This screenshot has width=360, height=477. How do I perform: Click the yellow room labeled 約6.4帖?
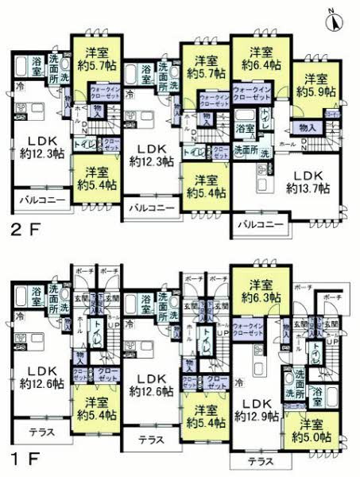257,56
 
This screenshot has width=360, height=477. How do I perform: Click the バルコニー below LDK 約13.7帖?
260,226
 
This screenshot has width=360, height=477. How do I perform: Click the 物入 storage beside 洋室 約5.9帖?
308,128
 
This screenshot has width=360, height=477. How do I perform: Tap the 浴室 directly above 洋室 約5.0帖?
317,393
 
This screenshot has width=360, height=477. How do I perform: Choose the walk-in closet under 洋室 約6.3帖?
254,329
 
